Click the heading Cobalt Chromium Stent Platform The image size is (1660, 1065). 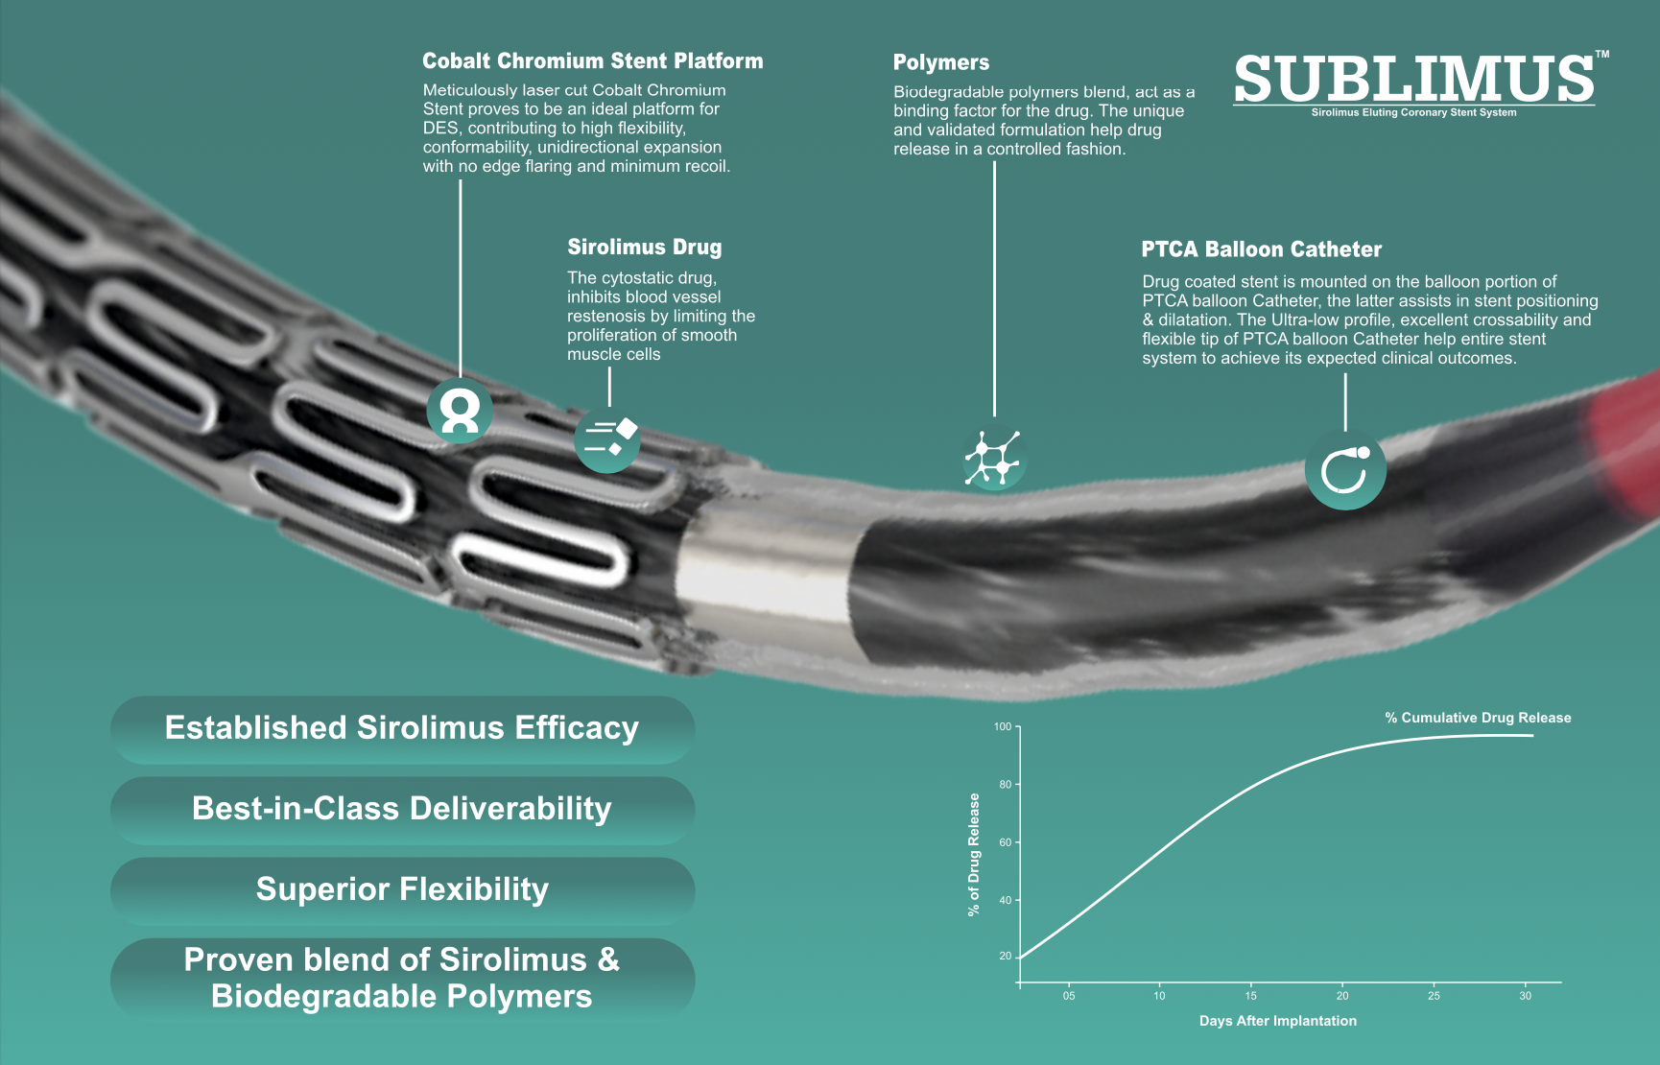point(592,61)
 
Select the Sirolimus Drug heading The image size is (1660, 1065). point(644,248)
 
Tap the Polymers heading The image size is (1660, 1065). point(940,63)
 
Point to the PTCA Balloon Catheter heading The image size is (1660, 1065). point(1261,250)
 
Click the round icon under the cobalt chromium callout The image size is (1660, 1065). point(460,410)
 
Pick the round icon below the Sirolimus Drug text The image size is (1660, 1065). point(607,439)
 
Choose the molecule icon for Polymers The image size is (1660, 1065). point(993,459)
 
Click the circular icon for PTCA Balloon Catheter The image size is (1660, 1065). point(1344,469)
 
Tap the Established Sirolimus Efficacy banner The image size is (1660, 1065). point(402,729)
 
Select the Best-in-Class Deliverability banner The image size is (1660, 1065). point(402,810)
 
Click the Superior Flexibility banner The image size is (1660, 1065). point(402,890)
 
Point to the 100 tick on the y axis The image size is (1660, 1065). point(1003,727)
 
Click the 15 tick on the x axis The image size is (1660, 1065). point(1250,996)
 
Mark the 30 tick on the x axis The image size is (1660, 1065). point(1525,996)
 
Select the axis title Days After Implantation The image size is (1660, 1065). point(1277,1021)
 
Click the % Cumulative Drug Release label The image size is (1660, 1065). point(1477,718)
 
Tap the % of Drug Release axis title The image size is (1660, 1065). point(974,854)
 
